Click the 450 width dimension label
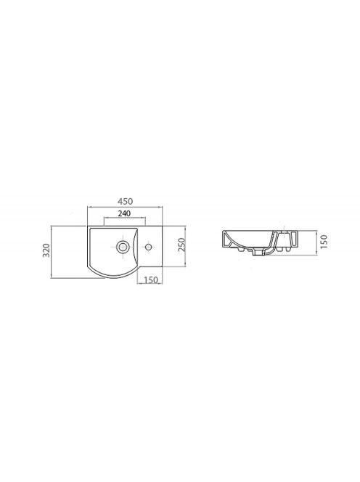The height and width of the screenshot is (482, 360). [125, 202]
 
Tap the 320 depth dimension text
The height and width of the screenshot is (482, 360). [46, 250]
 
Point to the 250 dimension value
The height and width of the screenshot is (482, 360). [181, 245]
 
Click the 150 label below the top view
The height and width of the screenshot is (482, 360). [151, 279]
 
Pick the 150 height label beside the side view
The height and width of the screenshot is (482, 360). [324, 242]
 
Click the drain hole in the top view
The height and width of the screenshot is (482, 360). [123, 246]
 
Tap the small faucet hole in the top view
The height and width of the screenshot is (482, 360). [149, 247]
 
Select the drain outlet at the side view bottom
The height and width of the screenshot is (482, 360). [258, 253]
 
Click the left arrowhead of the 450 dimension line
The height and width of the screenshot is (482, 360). [89, 207]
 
